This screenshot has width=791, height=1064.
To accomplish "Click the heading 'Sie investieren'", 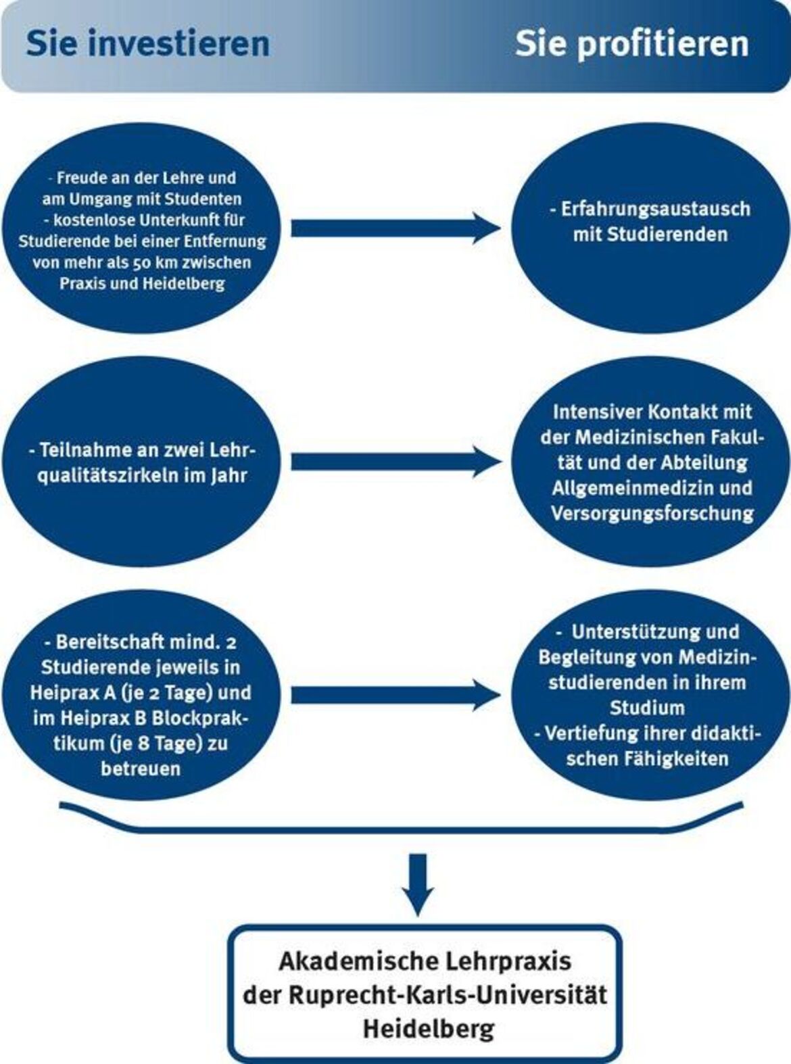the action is [x=148, y=44].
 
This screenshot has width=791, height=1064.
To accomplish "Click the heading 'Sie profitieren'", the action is [x=632, y=45].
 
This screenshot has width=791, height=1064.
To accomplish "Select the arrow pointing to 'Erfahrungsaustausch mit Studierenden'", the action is [x=395, y=228].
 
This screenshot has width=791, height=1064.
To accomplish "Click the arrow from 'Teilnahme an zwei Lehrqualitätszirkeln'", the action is [x=395, y=462].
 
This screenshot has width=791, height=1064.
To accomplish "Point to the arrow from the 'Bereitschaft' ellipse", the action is [x=395, y=695].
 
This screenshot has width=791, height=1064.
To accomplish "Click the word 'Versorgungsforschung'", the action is [x=652, y=514].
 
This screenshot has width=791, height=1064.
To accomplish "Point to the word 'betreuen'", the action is [x=141, y=769].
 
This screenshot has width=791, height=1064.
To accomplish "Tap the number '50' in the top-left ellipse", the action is [x=149, y=263].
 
